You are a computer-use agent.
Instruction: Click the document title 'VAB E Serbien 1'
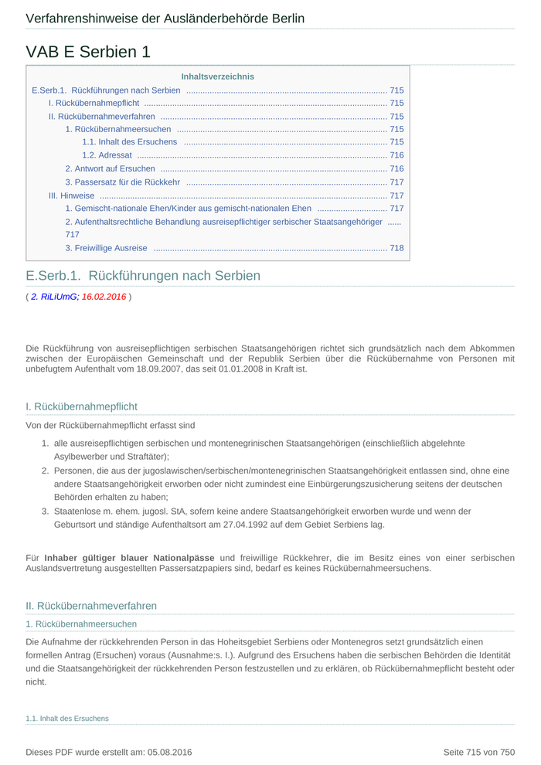pyautogui.click(x=88, y=52)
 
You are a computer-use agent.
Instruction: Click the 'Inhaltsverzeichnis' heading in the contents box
pyautogui.click(x=217, y=76)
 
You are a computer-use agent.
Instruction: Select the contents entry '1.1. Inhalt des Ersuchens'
pyautogui.click(x=129, y=142)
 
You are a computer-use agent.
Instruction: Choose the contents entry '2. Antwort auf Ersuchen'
pyautogui.click(x=110, y=168)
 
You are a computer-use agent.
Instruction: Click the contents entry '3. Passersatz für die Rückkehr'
pyautogui.click(x=122, y=182)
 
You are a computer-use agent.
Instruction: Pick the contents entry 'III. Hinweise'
pyautogui.click(x=71, y=195)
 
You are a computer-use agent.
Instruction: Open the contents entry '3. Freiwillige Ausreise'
pyautogui.click(x=106, y=248)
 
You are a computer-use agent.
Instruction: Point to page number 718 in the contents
pyautogui.click(x=396, y=248)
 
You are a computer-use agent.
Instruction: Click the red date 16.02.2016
pyautogui.click(x=104, y=296)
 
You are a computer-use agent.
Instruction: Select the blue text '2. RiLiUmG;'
pyautogui.click(x=55, y=296)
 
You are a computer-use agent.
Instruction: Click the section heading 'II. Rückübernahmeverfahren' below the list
pyautogui.click(x=91, y=606)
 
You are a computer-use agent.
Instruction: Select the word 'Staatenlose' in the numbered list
pyautogui.click(x=77, y=512)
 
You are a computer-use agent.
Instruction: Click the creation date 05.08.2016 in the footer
pyautogui.click(x=170, y=752)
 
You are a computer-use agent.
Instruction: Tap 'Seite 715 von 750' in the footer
pyautogui.click(x=478, y=752)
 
